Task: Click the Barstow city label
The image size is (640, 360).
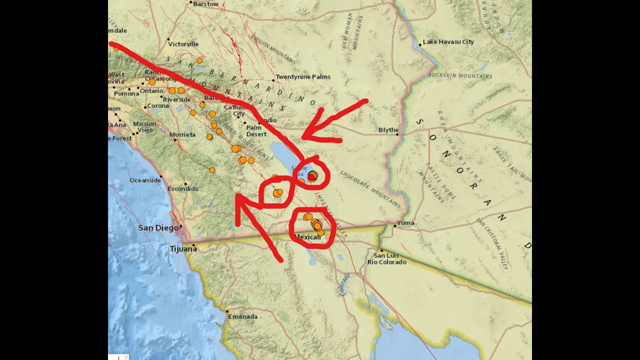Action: (x=205, y=4)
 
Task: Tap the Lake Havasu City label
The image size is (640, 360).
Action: (x=448, y=42)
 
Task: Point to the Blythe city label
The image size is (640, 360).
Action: (x=388, y=130)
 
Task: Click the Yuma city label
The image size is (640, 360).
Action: (x=405, y=223)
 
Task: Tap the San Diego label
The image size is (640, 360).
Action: (x=158, y=228)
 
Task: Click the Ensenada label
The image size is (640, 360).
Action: (x=242, y=316)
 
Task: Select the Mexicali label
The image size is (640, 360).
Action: (x=308, y=236)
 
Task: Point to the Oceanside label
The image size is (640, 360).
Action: (x=145, y=180)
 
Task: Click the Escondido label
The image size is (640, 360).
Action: (x=182, y=189)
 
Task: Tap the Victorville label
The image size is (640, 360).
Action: (x=183, y=44)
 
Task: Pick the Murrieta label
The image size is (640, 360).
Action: (x=182, y=135)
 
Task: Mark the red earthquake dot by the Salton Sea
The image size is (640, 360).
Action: (x=312, y=177)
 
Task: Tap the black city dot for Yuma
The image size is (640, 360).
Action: (x=394, y=226)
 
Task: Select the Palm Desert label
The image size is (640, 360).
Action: (x=256, y=131)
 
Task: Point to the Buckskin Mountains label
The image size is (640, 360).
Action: (x=460, y=76)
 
